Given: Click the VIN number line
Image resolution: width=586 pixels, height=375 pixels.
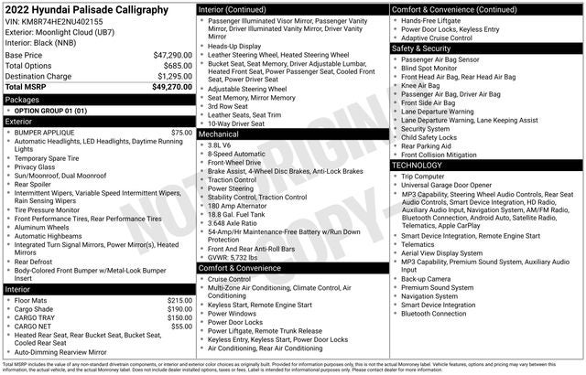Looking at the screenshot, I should point(53,21).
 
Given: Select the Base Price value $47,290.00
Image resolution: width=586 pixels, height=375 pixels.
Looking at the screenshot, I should point(172,55).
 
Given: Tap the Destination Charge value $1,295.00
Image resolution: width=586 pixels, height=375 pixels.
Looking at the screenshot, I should point(173,76).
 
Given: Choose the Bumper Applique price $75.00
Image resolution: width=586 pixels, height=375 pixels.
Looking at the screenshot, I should point(181,133).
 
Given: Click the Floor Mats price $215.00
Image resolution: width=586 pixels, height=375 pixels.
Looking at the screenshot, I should point(179,300).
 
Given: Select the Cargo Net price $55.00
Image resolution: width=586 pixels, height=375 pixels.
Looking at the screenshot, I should point(181,326).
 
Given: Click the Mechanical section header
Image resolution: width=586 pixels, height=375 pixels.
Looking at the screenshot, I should point(218,134).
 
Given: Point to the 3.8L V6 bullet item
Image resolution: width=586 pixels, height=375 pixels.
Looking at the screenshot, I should point(219,145).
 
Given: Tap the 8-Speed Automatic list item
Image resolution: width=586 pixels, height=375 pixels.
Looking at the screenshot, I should point(236,155).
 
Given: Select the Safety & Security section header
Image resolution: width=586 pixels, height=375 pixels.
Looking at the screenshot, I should point(427,48).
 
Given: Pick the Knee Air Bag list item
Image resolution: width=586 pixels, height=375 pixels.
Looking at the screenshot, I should point(423,85).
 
